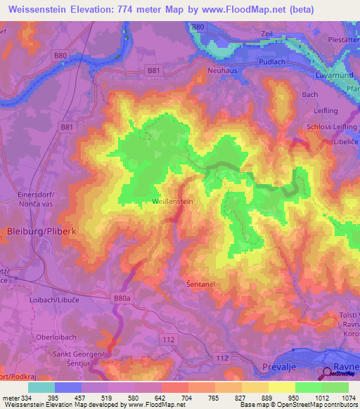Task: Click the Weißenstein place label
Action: [172, 202]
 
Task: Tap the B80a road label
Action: [122, 299]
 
